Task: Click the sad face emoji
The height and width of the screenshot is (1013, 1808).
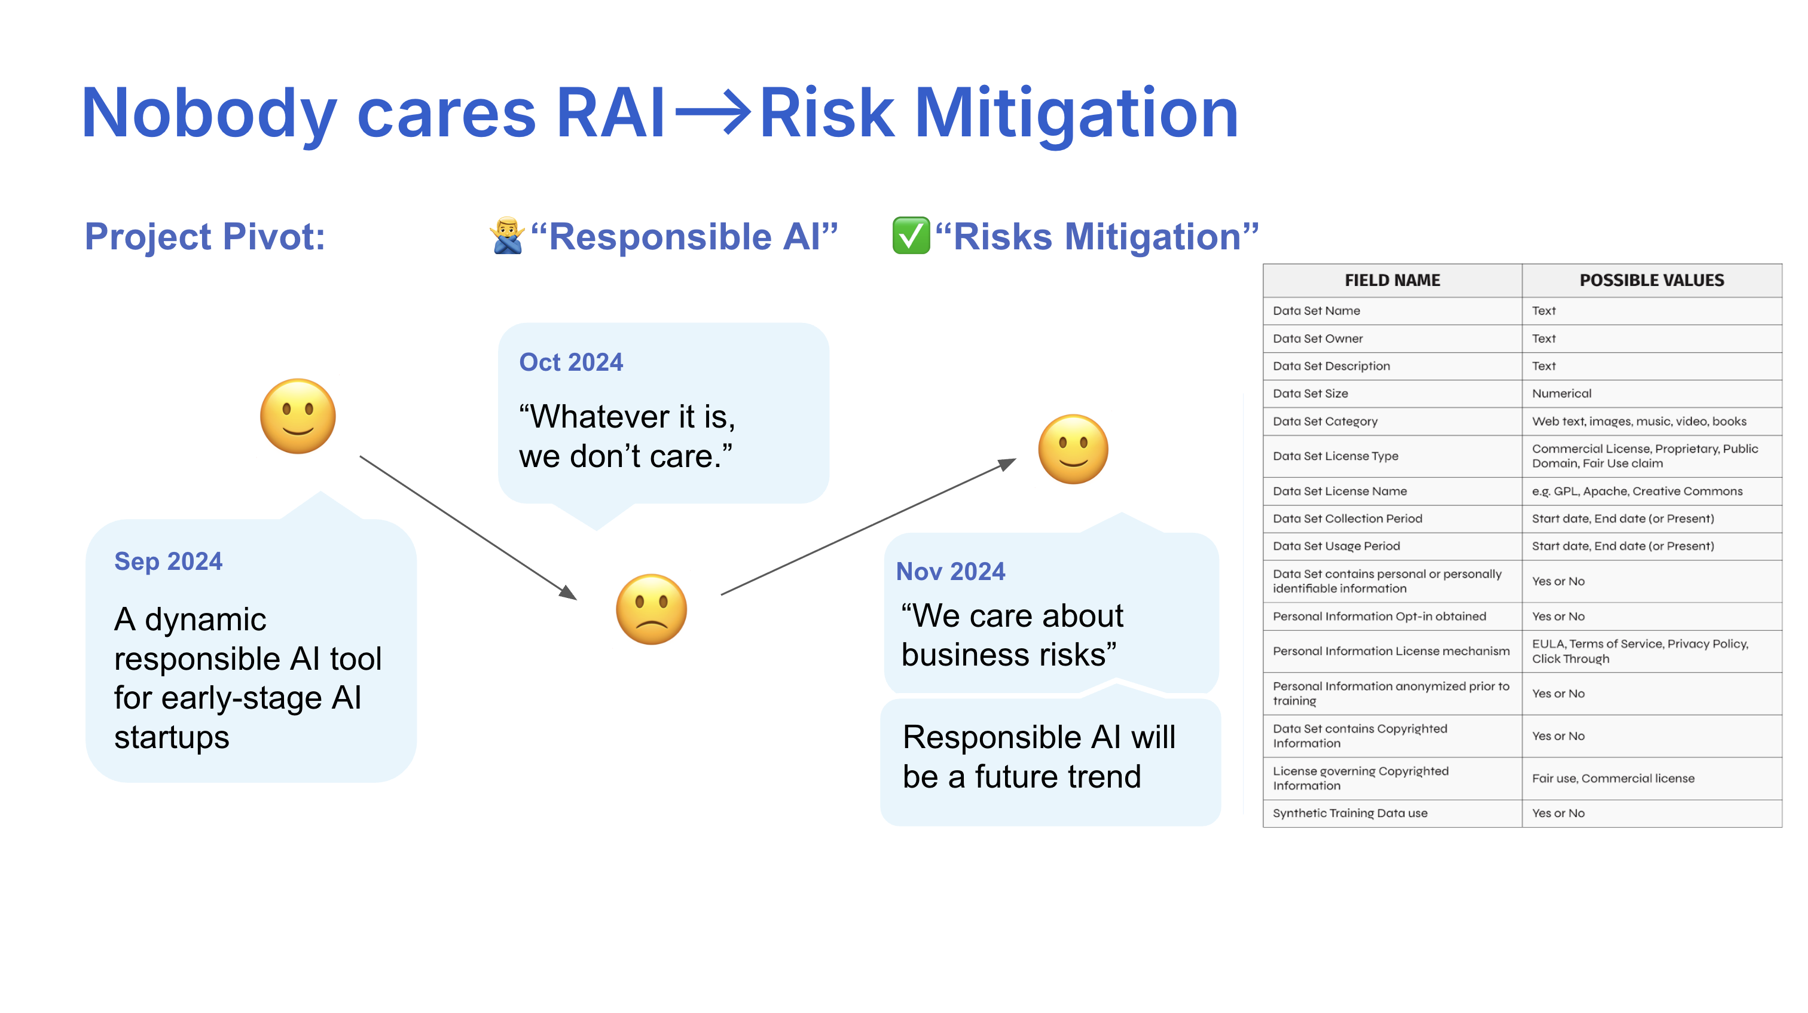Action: [x=650, y=609]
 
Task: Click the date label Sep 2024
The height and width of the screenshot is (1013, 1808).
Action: [x=168, y=562]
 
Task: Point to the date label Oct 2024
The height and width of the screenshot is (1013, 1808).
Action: [x=570, y=362]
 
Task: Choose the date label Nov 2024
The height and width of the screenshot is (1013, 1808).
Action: [x=950, y=572]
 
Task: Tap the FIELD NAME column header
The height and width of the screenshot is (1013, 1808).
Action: [x=1392, y=280]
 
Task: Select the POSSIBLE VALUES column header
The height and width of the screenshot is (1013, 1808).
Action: [x=1651, y=280]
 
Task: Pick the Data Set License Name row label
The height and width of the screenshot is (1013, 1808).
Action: [x=1339, y=492]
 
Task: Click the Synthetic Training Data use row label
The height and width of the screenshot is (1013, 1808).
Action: [x=1349, y=813]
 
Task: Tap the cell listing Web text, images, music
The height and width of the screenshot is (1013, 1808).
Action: [x=1638, y=421]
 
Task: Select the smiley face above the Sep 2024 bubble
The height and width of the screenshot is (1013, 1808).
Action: [x=298, y=416]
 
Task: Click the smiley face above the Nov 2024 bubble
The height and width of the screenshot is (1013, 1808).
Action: [x=1073, y=449]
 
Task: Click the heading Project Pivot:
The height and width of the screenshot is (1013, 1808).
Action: [x=204, y=237]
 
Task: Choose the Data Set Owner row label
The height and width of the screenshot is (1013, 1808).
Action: [x=1317, y=338]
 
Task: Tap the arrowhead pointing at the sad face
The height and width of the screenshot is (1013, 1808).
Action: [x=569, y=593]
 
